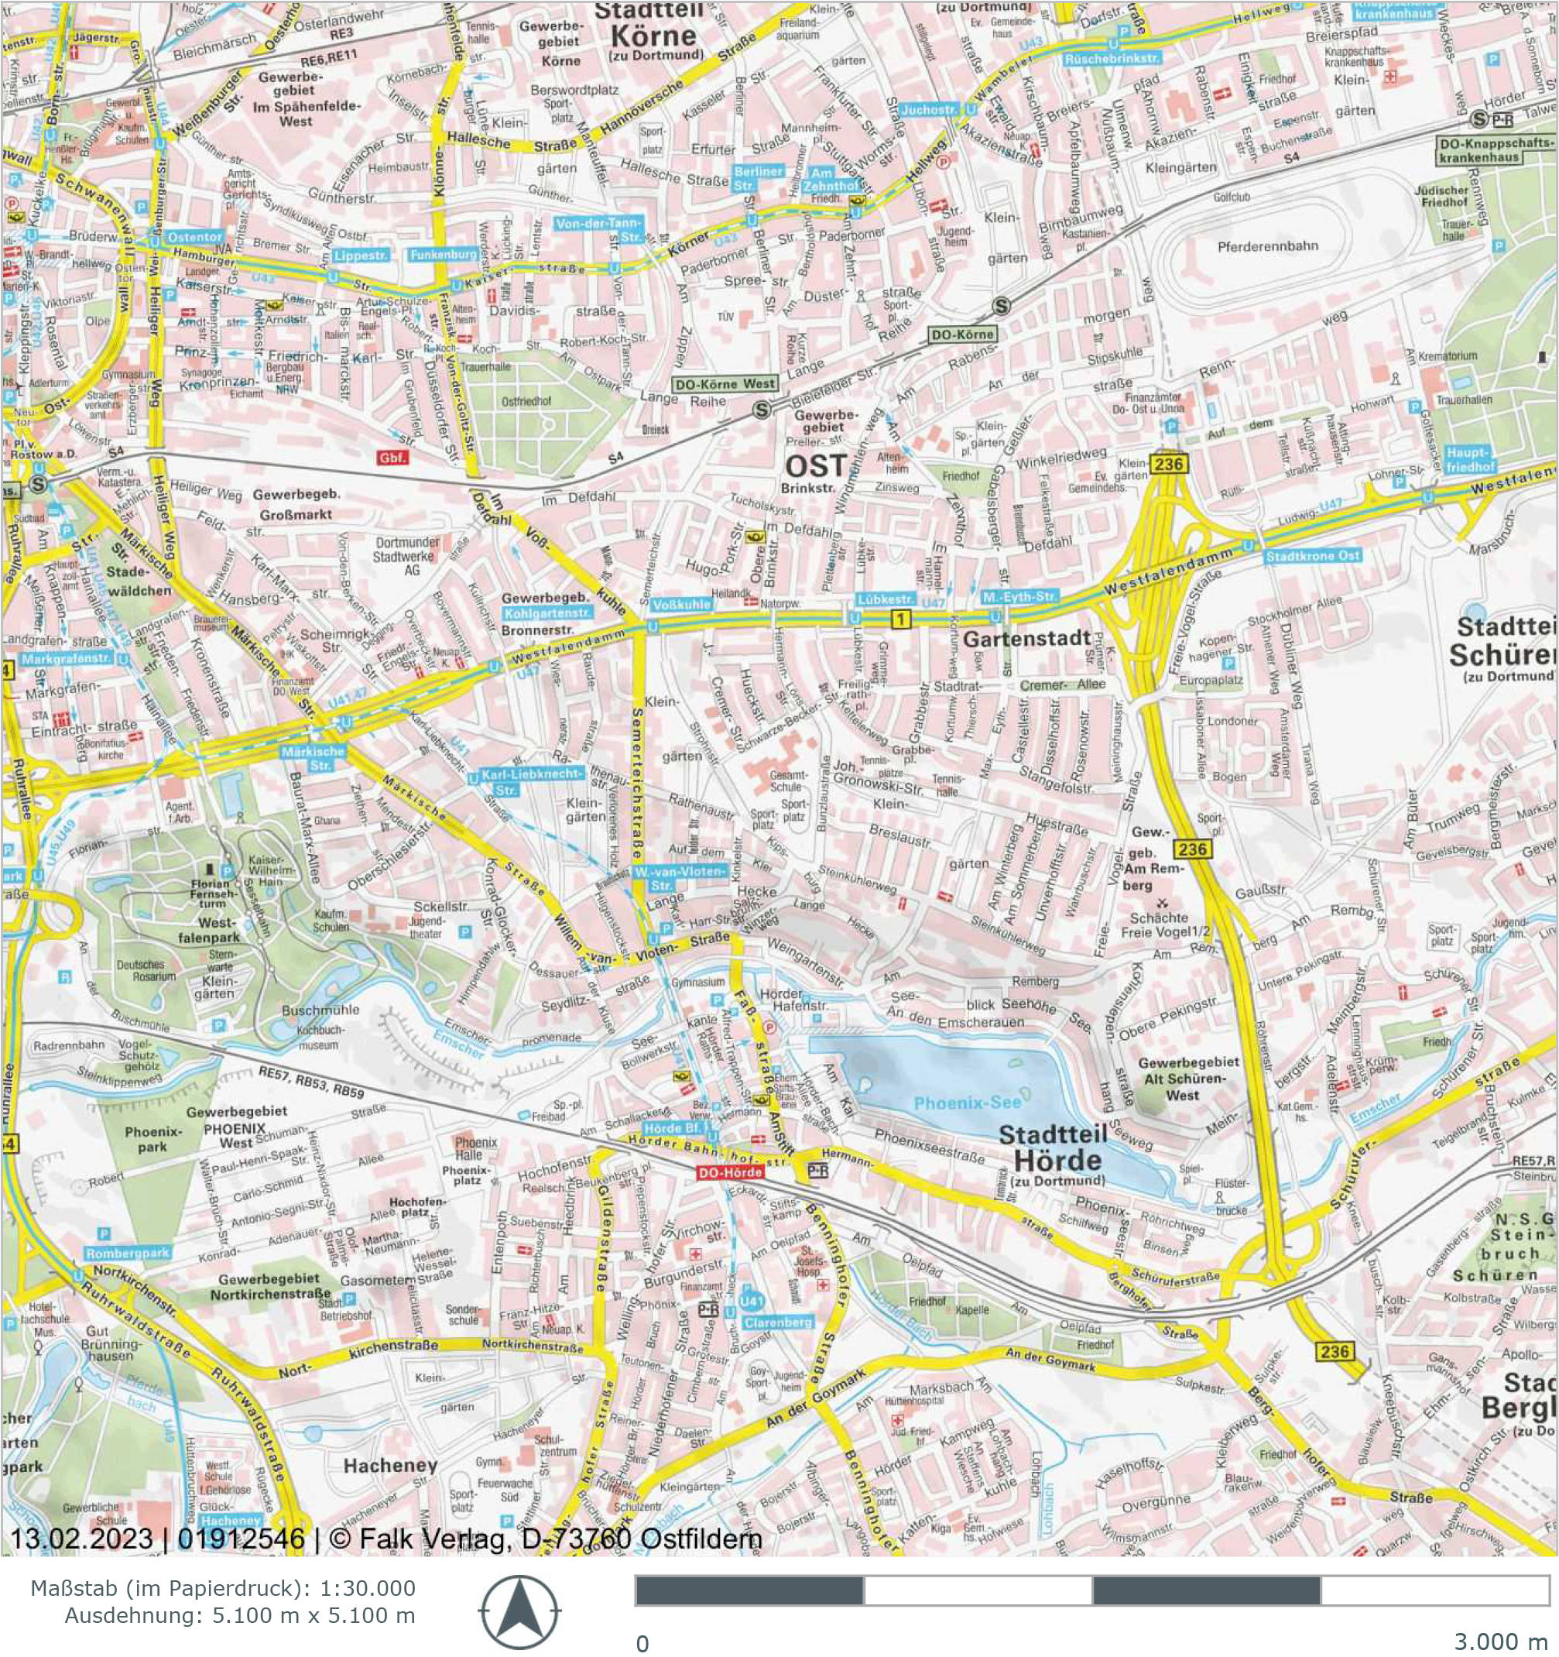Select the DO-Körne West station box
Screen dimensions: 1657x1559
(725, 384)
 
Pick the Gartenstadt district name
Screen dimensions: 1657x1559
(1026, 639)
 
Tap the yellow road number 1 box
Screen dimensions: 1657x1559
(901, 619)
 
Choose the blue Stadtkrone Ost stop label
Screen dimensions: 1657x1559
(1312, 556)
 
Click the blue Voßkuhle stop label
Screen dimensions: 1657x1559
(682, 604)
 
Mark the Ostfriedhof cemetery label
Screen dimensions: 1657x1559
(526, 402)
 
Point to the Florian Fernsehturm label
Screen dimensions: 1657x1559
(210, 893)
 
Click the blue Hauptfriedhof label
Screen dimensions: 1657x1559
(1471, 459)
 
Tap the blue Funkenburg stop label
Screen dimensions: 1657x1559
(443, 255)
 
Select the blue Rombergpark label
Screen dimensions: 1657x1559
(128, 1253)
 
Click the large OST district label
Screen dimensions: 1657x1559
(816, 466)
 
